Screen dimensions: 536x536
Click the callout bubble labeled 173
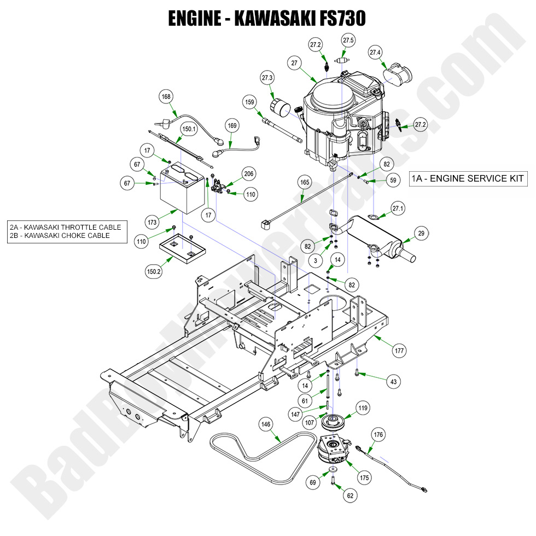152,222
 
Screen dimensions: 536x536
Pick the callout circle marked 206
249,174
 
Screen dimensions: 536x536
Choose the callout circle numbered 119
363,407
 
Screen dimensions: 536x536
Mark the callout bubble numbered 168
166,97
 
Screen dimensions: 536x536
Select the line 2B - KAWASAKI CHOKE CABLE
60,236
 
